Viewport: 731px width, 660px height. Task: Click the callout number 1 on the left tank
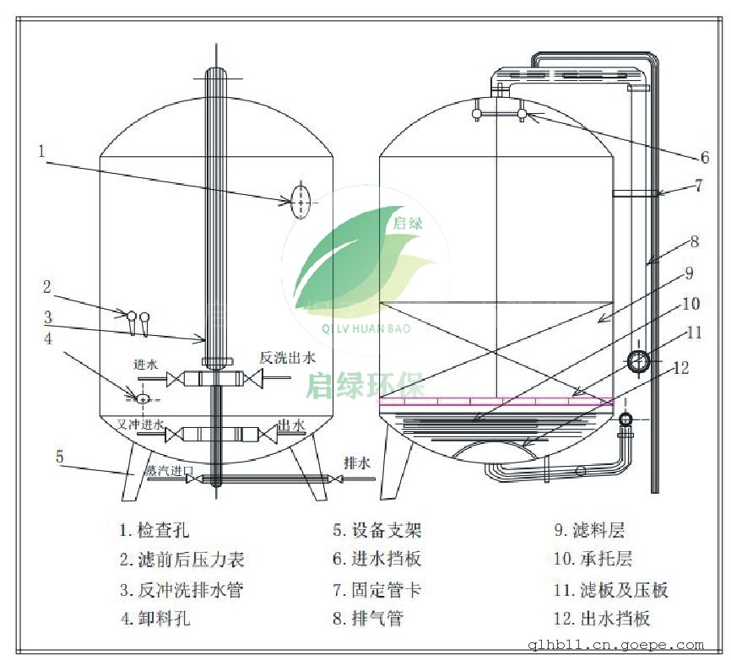(41, 152)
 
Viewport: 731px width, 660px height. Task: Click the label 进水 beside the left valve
(145, 365)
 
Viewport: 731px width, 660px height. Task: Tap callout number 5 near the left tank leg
(59, 457)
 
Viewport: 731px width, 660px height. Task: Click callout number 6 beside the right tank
(704, 157)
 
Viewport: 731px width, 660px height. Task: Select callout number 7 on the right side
(698, 185)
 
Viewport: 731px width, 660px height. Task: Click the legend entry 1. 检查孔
(154, 531)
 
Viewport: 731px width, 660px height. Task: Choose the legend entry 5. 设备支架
(376, 531)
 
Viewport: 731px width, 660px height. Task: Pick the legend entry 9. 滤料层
(588, 531)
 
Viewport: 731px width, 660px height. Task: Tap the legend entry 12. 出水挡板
(601, 619)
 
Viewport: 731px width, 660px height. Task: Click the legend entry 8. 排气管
(367, 619)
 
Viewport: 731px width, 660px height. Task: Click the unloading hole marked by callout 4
(142, 397)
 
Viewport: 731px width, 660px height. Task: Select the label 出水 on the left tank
(292, 425)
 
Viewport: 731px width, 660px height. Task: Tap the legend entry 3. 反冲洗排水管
(181, 589)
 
